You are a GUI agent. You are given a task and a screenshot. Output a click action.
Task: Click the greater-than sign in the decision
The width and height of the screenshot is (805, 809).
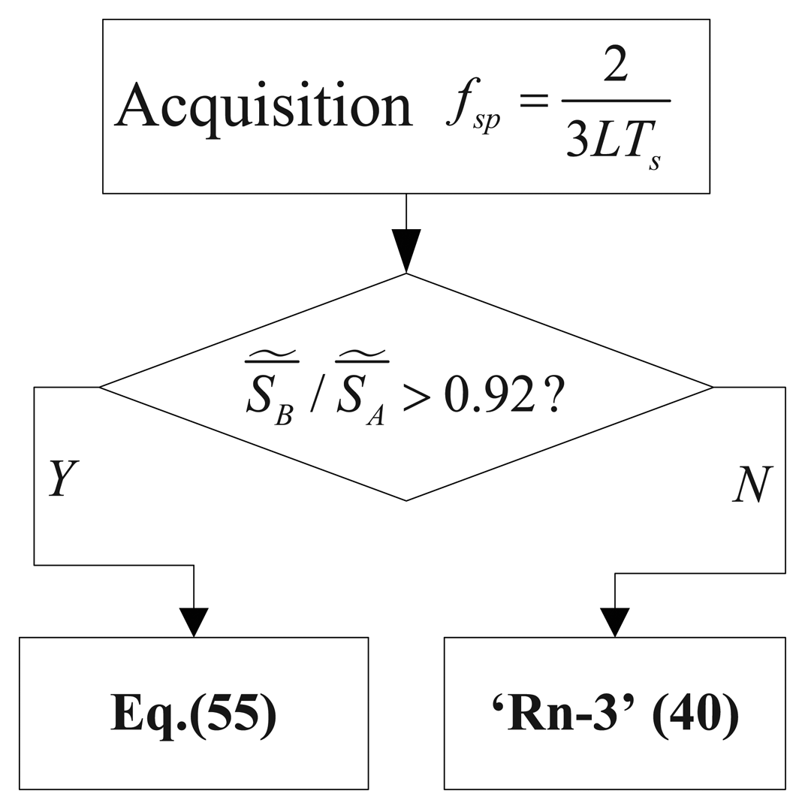pos(417,397)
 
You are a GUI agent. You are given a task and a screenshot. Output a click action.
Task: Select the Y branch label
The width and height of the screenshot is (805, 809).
pos(63,478)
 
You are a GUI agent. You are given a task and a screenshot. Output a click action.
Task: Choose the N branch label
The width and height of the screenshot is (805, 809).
pos(752,484)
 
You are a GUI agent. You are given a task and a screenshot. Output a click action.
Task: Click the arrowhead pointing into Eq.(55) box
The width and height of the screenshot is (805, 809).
pos(194,622)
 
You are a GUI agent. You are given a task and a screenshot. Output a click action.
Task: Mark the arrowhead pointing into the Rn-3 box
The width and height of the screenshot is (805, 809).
pos(615,622)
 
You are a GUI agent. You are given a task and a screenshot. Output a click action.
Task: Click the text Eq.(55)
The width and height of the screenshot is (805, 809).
pos(194,714)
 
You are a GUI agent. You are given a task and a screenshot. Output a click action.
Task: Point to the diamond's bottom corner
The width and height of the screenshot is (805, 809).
pos(406,500)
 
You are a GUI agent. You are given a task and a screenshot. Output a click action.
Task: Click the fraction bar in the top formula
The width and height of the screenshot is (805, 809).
pos(615,101)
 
